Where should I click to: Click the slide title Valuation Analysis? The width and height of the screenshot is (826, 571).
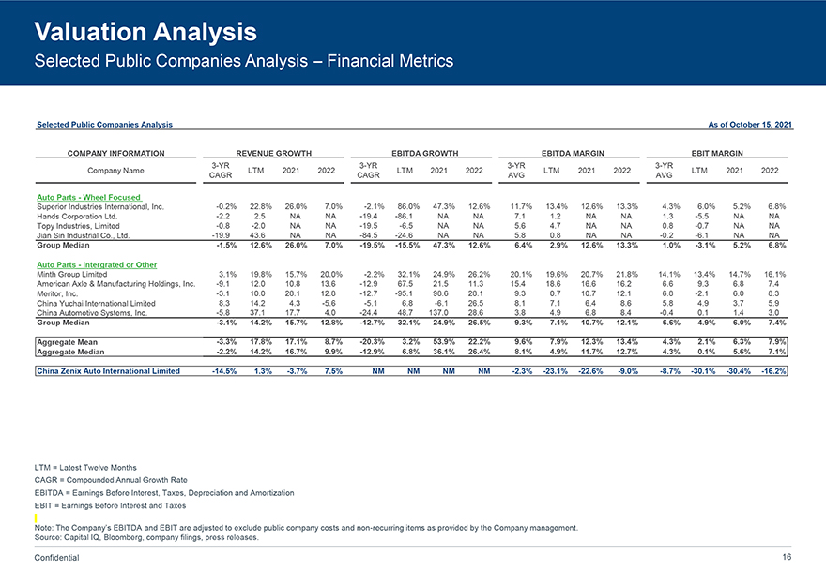[x=145, y=33]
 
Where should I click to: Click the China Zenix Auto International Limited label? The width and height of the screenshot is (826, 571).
[x=108, y=371]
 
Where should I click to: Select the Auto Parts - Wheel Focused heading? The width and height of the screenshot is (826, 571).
[x=89, y=197]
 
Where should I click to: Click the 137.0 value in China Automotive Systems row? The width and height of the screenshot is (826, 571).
[x=440, y=313]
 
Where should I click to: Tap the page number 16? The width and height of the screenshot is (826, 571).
[x=787, y=558]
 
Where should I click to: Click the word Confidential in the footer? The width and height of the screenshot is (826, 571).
[x=56, y=558]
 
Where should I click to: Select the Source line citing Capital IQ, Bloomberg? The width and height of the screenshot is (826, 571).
[x=145, y=537]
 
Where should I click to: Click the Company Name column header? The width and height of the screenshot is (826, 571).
[x=115, y=171]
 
